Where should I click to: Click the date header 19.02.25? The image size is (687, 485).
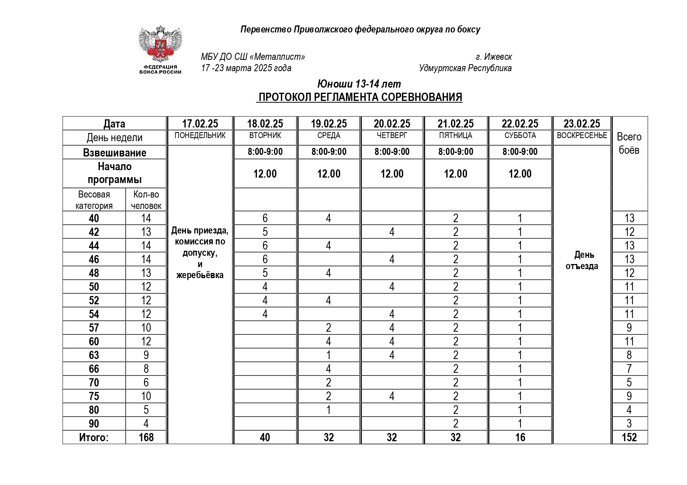[329, 124]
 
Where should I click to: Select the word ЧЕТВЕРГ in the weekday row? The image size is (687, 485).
[392, 136]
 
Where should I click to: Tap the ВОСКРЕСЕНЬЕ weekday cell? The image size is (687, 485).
[582, 135]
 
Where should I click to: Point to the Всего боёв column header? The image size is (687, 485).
[629, 143]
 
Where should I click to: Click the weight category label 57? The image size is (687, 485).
[94, 328]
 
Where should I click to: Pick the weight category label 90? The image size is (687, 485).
[94, 424]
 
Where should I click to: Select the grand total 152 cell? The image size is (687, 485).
[629, 437]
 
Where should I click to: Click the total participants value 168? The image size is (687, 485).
[146, 437]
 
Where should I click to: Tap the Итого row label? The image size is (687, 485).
[94, 437]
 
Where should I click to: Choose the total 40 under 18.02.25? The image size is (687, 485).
[265, 437]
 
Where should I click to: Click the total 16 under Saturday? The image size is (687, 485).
[520, 437]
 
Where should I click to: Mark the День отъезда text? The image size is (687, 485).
[582, 260]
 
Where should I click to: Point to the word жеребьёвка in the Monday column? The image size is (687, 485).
[200, 275]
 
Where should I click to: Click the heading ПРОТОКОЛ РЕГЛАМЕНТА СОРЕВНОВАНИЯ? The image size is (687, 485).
[360, 97]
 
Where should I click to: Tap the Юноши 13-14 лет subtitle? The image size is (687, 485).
[359, 84]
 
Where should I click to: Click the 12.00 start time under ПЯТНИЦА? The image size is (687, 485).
[456, 174]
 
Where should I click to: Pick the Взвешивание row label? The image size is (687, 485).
[114, 153]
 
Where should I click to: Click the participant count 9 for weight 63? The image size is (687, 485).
[146, 355]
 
